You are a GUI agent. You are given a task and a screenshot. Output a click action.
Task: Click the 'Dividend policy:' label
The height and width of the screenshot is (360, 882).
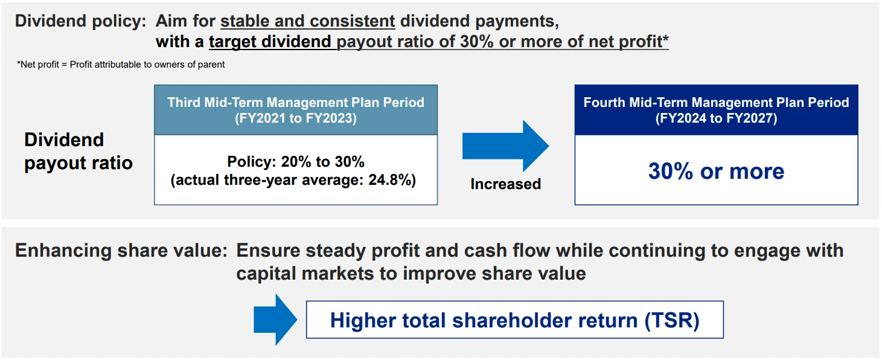tap(80, 21)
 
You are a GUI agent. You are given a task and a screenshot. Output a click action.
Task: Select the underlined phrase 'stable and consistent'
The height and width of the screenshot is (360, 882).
tap(308, 21)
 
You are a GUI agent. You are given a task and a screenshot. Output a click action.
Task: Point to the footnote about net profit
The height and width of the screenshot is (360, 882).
tap(121, 65)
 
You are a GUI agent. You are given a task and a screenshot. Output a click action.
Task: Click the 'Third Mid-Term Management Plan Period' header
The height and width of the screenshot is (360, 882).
tap(296, 102)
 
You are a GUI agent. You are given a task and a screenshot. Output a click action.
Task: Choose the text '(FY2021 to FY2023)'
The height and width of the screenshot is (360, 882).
tap(296, 118)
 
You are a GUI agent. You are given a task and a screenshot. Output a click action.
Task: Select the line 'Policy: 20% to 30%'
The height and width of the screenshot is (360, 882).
tap(296, 162)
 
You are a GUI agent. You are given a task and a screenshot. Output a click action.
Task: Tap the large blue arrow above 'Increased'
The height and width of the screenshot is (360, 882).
tap(505, 146)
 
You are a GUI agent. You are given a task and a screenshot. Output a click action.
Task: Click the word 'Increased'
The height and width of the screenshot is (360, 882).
tap(505, 184)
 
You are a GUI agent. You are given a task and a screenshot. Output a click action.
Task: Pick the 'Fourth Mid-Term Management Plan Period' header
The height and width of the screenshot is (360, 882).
tap(716, 102)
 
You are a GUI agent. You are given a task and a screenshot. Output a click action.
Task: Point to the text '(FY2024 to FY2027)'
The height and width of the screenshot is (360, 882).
tap(716, 118)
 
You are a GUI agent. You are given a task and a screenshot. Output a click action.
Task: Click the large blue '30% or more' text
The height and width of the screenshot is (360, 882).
tap(716, 171)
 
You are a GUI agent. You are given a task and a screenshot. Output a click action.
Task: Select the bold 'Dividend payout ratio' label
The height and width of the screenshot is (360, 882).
tap(78, 151)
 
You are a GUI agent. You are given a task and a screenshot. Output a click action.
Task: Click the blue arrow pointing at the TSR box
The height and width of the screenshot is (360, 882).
tap(275, 320)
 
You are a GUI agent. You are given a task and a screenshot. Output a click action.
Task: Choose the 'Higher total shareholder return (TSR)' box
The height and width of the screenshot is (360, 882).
tap(514, 320)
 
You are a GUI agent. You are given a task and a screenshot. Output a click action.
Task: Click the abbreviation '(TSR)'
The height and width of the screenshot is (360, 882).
tap(672, 320)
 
